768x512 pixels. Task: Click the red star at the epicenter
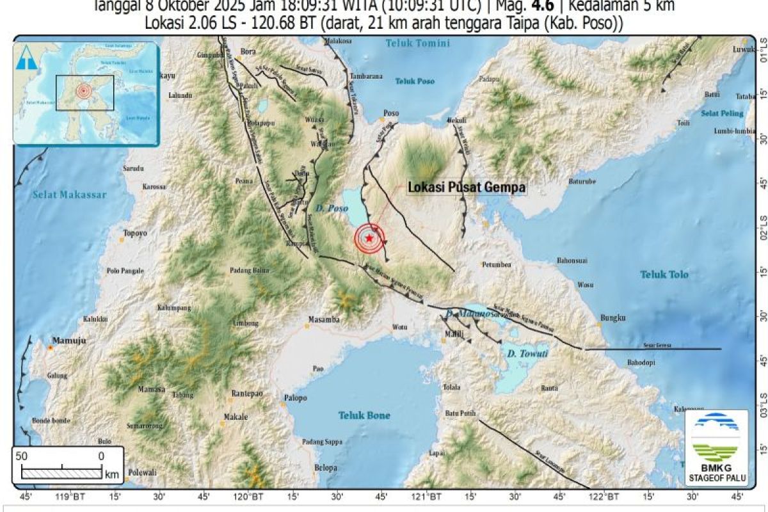[x=369, y=239]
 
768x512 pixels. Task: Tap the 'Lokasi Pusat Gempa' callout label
[x=467, y=188]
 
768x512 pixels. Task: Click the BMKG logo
[x=716, y=447]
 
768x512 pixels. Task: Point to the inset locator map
[x=86, y=93]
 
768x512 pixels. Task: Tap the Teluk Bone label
[x=364, y=415]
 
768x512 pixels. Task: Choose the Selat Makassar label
[x=69, y=195]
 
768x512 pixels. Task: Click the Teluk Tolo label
[x=664, y=275]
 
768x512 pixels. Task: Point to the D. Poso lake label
[x=330, y=207]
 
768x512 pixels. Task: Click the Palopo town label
[x=295, y=398]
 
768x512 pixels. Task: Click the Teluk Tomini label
[x=417, y=44]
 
